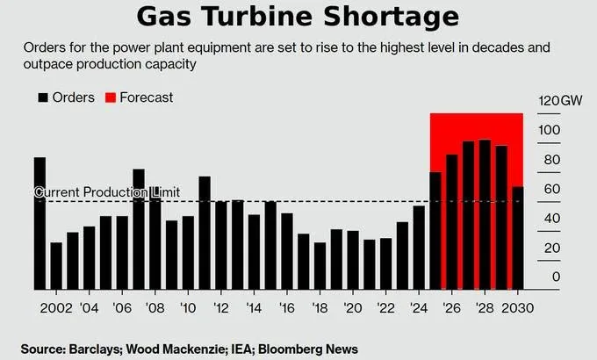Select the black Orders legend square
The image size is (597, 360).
pyautogui.click(x=43, y=97)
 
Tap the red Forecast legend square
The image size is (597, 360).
pyautogui.click(x=111, y=97)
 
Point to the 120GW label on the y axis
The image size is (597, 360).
pyautogui.click(x=560, y=101)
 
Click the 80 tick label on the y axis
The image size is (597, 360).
pyautogui.click(x=552, y=160)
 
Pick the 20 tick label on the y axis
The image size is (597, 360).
pyautogui.click(x=552, y=248)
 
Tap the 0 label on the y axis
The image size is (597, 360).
pyautogui.click(x=556, y=277)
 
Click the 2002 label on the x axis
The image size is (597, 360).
pyautogui.click(x=56, y=308)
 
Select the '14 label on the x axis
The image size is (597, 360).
pyautogui.click(x=254, y=308)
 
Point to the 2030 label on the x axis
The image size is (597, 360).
pyautogui.click(x=517, y=308)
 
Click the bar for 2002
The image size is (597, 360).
pyautogui.click(x=56, y=266)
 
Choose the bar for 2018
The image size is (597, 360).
pyautogui.click(x=320, y=266)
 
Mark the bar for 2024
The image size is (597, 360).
pyautogui.click(x=419, y=248)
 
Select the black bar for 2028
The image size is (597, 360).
pyautogui.click(x=485, y=214)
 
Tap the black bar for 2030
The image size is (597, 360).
pyautogui.click(x=518, y=238)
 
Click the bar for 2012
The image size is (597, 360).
pyautogui.click(x=221, y=245)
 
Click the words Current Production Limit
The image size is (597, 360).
pyautogui.click(x=107, y=192)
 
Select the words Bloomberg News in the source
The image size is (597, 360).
pyautogui.click(x=308, y=349)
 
